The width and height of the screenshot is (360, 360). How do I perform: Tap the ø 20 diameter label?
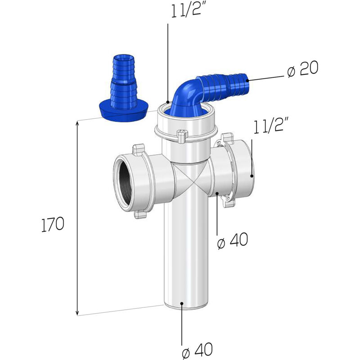point(302,68)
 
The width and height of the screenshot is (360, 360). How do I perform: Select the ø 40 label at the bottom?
point(198,350)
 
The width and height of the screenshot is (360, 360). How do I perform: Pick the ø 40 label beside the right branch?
point(233,240)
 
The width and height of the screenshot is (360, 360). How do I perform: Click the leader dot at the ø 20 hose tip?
point(247,80)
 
